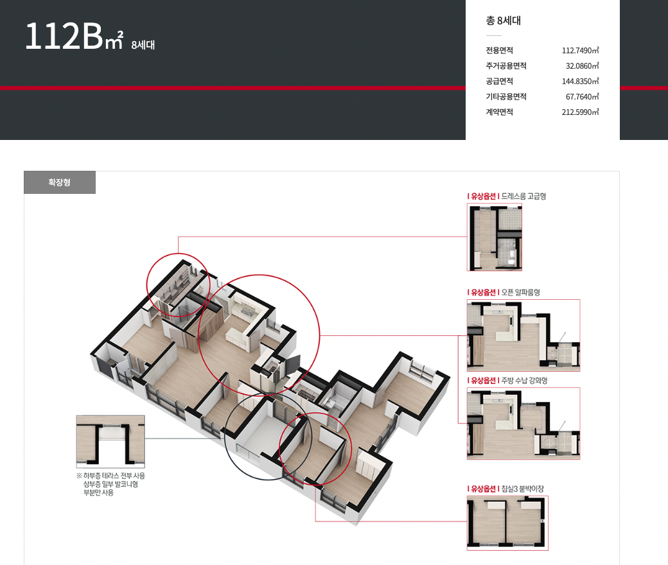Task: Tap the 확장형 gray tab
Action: (60, 182)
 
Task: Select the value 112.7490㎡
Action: (580, 50)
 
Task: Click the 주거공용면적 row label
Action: (506, 65)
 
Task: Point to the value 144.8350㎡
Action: (580, 81)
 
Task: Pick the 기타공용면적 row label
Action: (506, 97)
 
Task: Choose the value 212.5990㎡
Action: (580, 112)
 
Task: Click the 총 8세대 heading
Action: (503, 21)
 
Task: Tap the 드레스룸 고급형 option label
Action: (523, 196)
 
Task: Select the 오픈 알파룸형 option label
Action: (521, 293)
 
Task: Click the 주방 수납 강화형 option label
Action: (524, 381)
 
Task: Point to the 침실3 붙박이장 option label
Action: (522, 489)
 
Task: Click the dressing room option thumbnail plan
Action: (495, 237)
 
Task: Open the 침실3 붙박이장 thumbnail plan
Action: (507, 523)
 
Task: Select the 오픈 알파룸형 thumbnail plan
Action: (523, 336)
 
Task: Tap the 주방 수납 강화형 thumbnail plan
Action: (523, 424)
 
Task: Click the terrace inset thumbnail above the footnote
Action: (110, 442)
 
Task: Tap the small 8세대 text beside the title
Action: (143, 45)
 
